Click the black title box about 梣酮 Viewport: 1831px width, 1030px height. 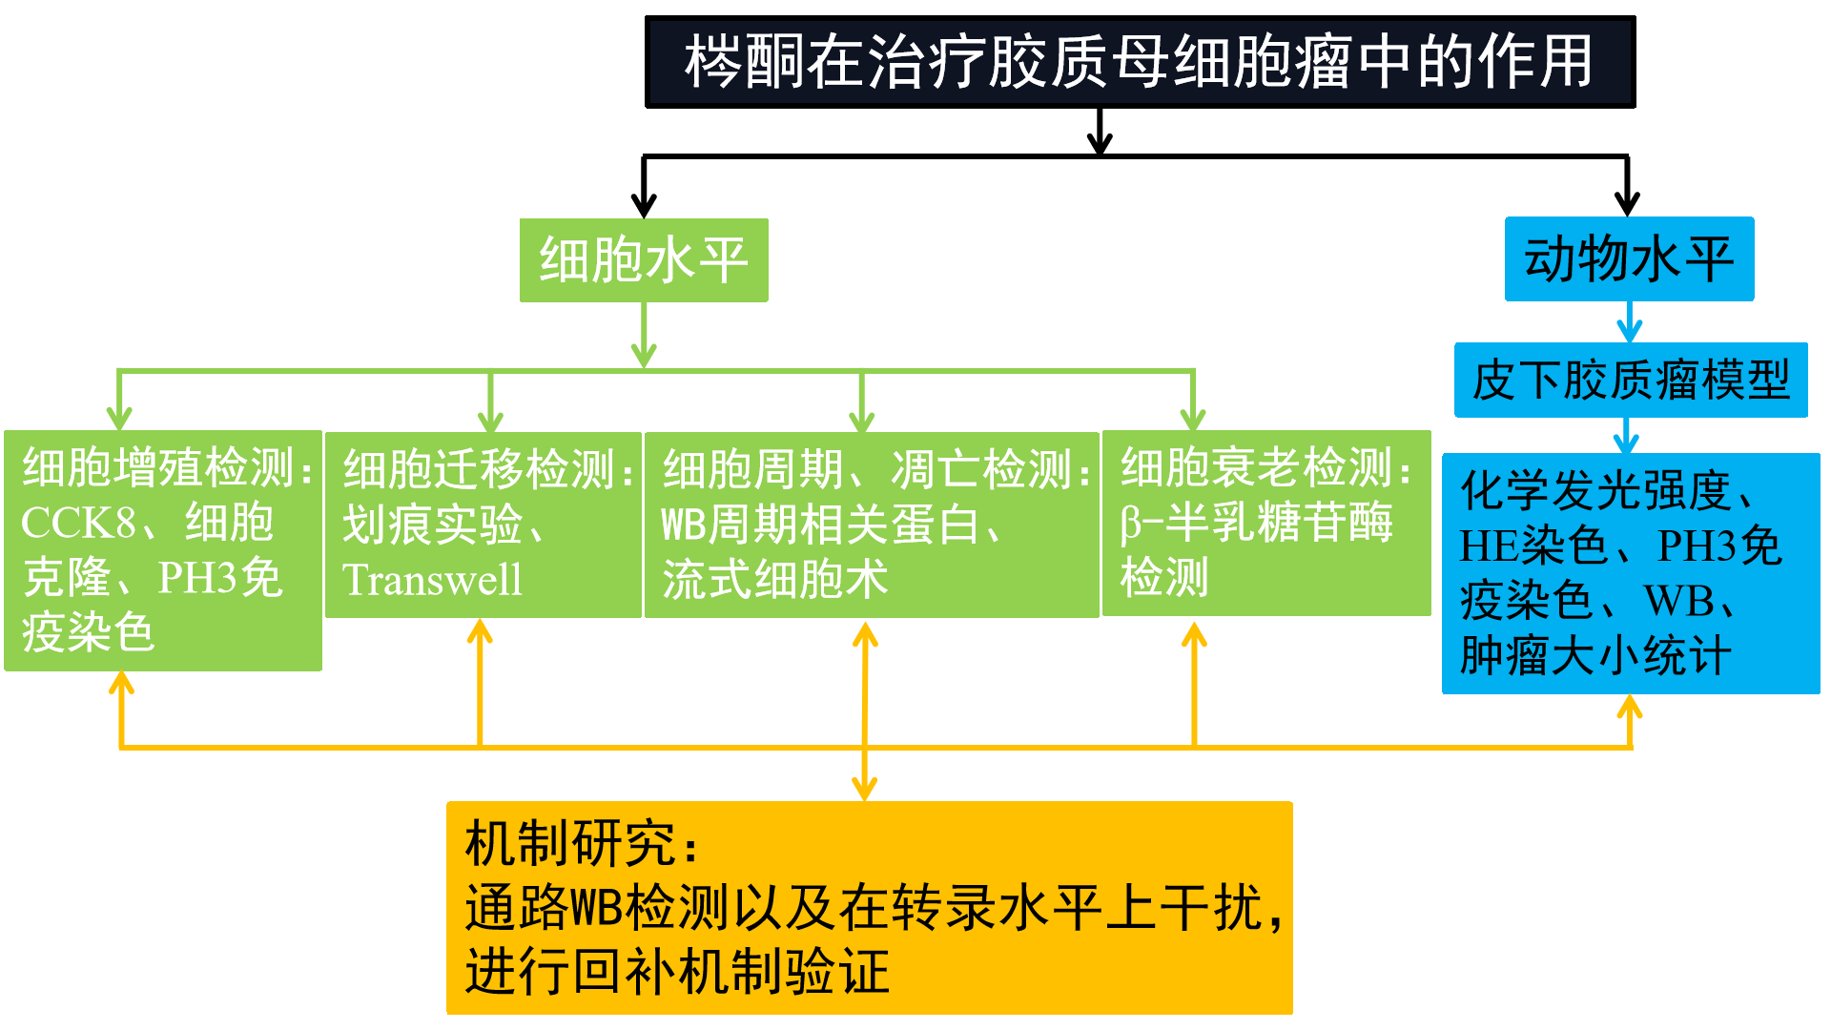click(x=1140, y=62)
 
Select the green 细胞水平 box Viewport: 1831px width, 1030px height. click(x=644, y=260)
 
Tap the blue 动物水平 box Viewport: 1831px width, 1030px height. click(x=1629, y=259)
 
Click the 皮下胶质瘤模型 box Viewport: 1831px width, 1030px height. click(x=1631, y=380)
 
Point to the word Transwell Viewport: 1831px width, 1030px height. click(x=432, y=579)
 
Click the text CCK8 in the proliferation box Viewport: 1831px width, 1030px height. click(x=78, y=523)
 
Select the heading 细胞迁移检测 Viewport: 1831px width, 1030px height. click(x=480, y=469)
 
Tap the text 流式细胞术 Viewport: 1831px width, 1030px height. click(x=775, y=579)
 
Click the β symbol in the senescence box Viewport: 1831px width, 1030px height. click(x=1131, y=524)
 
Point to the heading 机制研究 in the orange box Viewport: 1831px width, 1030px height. click(x=570, y=843)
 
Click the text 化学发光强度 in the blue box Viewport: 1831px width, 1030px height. click(x=1595, y=490)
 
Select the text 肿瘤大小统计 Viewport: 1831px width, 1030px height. click(x=1595, y=656)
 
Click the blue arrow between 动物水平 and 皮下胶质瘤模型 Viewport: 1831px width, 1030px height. click(x=1629, y=322)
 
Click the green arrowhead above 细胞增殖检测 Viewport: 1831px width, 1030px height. click(x=119, y=418)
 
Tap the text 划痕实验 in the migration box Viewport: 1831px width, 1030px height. click(x=432, y=525)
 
